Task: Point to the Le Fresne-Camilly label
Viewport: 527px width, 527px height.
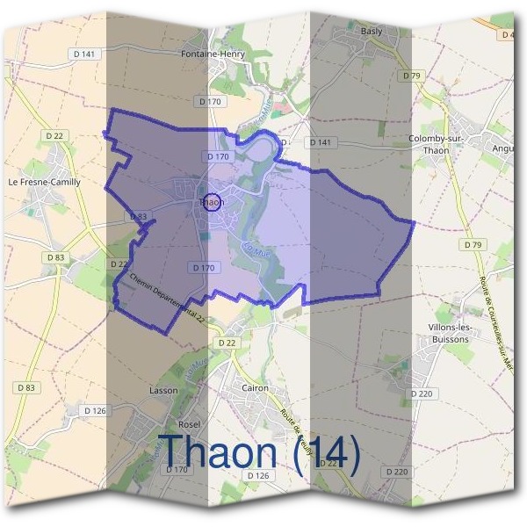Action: pyautogui.click(x=44, y=182)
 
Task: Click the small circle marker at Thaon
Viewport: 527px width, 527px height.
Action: pyautogui.click(x=211, y=202)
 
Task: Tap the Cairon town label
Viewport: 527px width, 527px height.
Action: pyautogui.click(x=255, y=387)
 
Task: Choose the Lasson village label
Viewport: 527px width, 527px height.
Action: pyautogui.click(x=163, y=389)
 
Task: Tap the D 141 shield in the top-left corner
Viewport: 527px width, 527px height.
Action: pyautogui.click(x=85, y=54)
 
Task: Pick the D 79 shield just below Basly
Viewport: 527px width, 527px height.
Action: pyautogui.click(x=412, y=76)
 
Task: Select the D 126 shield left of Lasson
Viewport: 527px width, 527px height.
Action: pyautogui.click(x=95, y=410)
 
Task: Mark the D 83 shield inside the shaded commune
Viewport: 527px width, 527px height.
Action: pyautogui.click(x=139, y=215)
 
